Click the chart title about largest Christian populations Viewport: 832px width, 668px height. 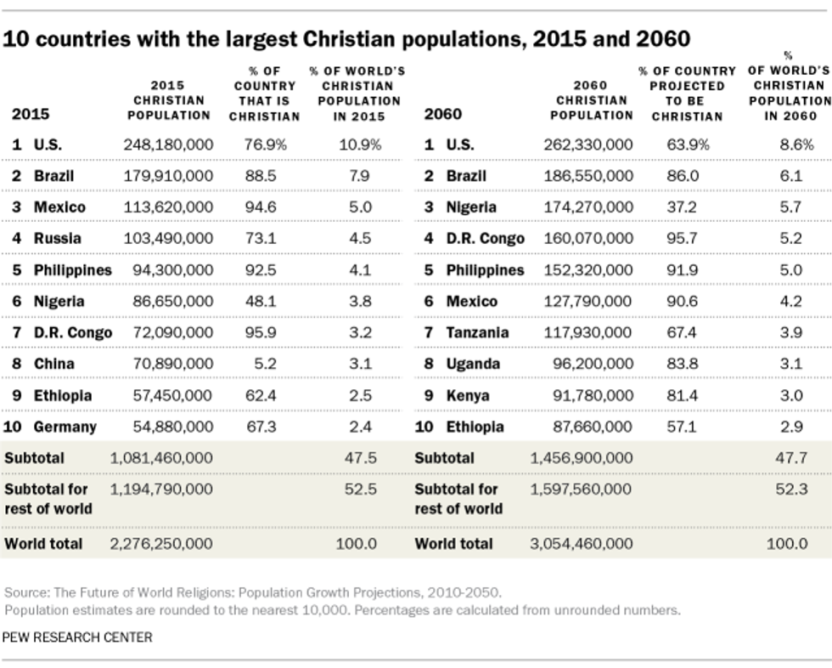coord(346,39)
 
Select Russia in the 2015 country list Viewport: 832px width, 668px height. coord(58,239)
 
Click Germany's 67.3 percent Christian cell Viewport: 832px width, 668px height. coord(261,427)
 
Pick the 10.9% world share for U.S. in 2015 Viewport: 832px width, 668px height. coord(360,144)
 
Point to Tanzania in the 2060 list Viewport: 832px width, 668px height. coord(478,332)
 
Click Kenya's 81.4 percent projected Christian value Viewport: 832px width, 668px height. coord(682,395)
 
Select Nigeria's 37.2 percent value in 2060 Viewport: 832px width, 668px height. coord(682,207)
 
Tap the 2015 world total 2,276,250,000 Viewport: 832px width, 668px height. coord(161,543)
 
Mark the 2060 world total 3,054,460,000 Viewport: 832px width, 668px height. coord(582,543)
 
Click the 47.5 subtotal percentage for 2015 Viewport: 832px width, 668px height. coord(360,458)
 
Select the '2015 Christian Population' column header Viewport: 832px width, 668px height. coord(168,100)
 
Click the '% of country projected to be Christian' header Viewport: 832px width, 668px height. coord(687,93)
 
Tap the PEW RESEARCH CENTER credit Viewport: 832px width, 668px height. coord(78,637)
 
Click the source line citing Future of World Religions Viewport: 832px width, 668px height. coord(253,592)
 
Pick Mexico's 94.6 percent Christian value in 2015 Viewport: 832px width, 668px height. coord(261,207)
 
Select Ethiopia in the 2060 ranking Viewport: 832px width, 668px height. coord(475,427)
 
